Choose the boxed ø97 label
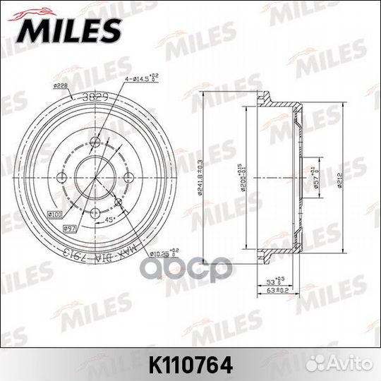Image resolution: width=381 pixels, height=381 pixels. [70, 227]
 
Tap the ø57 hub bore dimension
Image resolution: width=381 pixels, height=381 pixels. [315, 171]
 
